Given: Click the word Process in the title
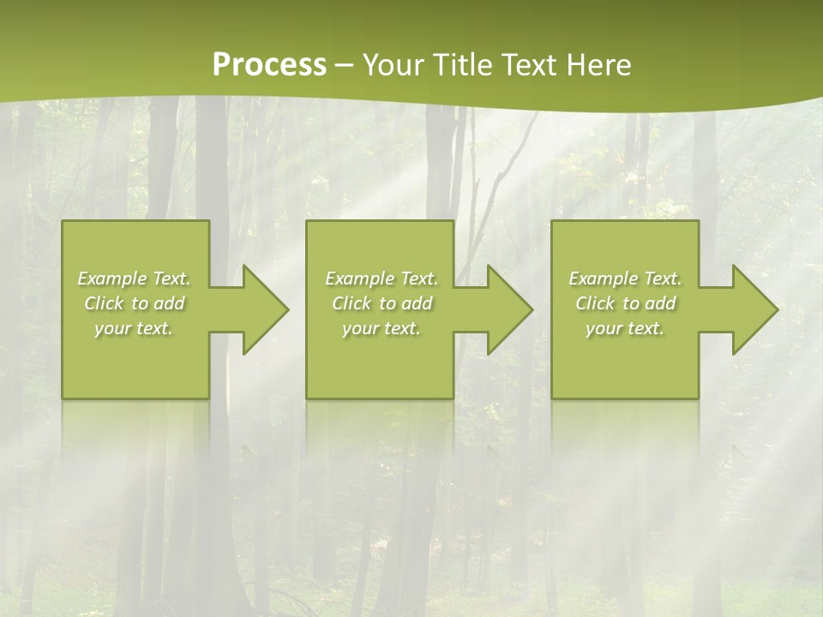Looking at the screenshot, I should click(x=269, y=65).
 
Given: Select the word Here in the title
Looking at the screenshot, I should click(x=598, y=65).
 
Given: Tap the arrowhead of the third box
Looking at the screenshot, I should click(x=754, y=309).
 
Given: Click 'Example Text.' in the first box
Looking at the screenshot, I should click(x=134, y=279).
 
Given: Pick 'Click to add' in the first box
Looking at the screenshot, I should click(x=134, y=303).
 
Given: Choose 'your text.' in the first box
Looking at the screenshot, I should click(x=134, y=328).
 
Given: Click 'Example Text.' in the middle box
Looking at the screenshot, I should click(x=381, y=279).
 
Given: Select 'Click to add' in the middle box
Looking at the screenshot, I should click(x=381, y=303).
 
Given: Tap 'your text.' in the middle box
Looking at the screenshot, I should click(x=381, y=328).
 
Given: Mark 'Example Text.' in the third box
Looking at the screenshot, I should click(x=625, y=279).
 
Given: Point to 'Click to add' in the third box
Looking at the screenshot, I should click(x=625, y=303).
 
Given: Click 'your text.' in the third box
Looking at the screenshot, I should click(x=625, y=328).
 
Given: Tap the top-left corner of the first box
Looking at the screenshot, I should click(x=63, y=222).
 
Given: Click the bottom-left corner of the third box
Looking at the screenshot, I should click(x=553, y=397).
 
